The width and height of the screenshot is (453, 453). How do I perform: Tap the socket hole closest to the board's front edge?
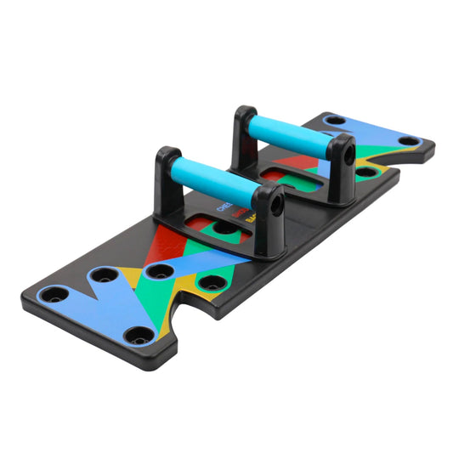pos(133,335)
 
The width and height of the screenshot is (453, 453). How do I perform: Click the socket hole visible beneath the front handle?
pos(224,227)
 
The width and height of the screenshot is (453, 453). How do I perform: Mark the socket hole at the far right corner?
pos(409,140)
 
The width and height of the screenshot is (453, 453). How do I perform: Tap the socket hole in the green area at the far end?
pos(366,171)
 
